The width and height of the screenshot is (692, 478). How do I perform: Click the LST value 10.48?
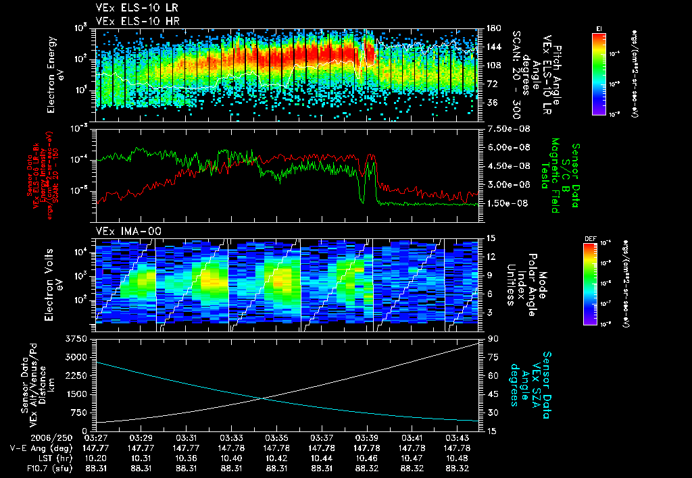click(x=459, y=457)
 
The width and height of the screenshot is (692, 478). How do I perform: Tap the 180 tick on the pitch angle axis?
click(x=493, y=28)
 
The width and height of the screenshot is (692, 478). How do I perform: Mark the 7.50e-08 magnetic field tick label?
click(x=506, y=128)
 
